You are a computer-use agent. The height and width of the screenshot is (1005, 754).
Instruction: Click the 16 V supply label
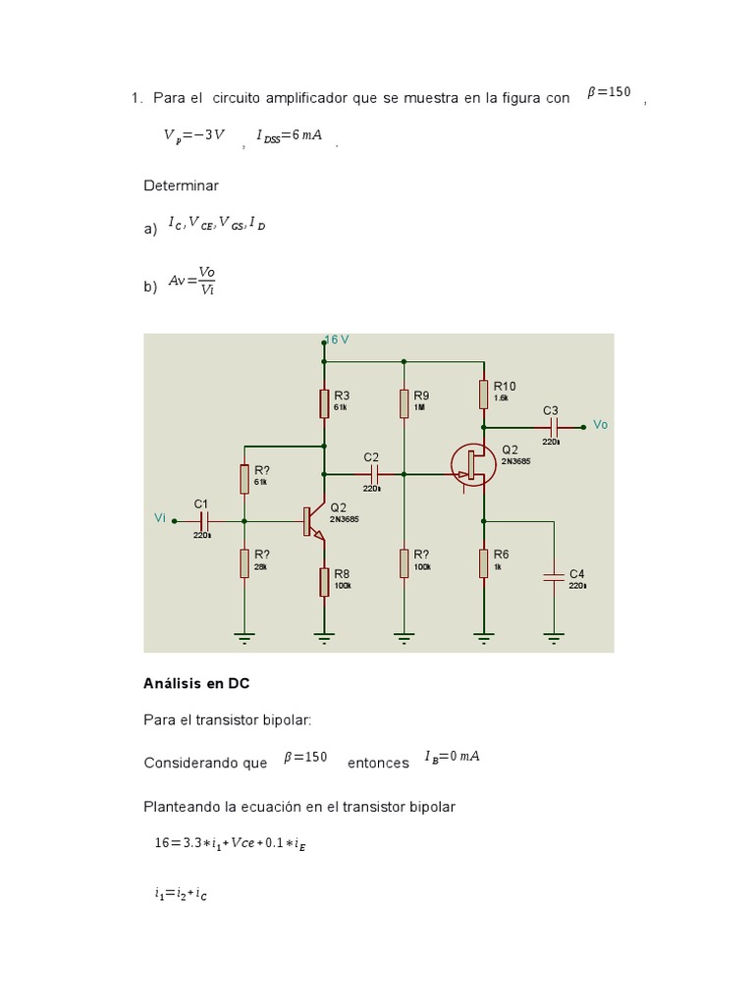click(338, 340)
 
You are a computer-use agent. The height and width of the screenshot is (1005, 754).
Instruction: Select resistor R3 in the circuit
click(324, 402)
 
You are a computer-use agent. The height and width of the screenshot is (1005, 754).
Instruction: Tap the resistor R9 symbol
click(404, 402)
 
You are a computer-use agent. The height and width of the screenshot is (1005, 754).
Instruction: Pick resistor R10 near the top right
click(483, 394)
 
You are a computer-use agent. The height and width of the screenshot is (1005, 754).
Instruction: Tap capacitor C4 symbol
click(554, 577)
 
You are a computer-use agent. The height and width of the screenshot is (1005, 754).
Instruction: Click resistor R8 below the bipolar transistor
click(324, 581)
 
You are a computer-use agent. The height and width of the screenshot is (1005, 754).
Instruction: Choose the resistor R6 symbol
click(483, 563)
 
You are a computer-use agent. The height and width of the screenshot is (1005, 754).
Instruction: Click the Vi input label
click(160, 517)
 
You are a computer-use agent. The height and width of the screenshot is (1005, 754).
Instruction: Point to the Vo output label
click(601, 425)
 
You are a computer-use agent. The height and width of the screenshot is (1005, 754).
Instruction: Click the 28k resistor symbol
click(244, 563)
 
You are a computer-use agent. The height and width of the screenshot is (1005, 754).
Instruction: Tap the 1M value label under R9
click(419, 406)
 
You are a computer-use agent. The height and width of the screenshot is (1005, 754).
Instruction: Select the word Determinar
click(181, 185)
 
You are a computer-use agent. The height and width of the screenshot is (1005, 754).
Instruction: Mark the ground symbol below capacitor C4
click(554, 638)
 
